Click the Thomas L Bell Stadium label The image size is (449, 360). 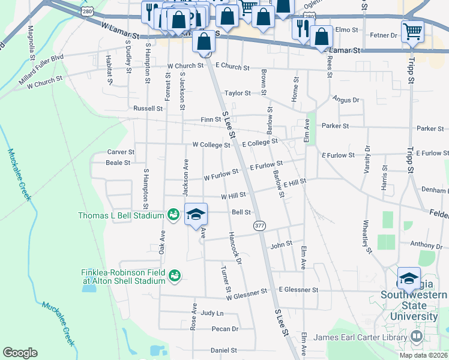click(x=121, y=215)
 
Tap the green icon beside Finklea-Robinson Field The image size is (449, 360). click(x=175, y=276)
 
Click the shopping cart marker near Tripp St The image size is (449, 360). click(x=412, y=31)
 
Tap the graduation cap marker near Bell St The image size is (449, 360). click(x=196, y=215)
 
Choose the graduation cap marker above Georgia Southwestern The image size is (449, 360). click(x=409, y=278)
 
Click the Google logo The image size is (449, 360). click(x=20, y=353)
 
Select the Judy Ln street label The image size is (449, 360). click(x=212, y=313)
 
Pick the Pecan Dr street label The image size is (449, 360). click(x=225, y=329)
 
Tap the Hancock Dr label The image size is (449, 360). click(x=235, y=249)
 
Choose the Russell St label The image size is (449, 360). click(x=148, y=109)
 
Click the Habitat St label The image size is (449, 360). click(x=109, y=70)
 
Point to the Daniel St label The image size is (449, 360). click(x=224, y=350)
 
